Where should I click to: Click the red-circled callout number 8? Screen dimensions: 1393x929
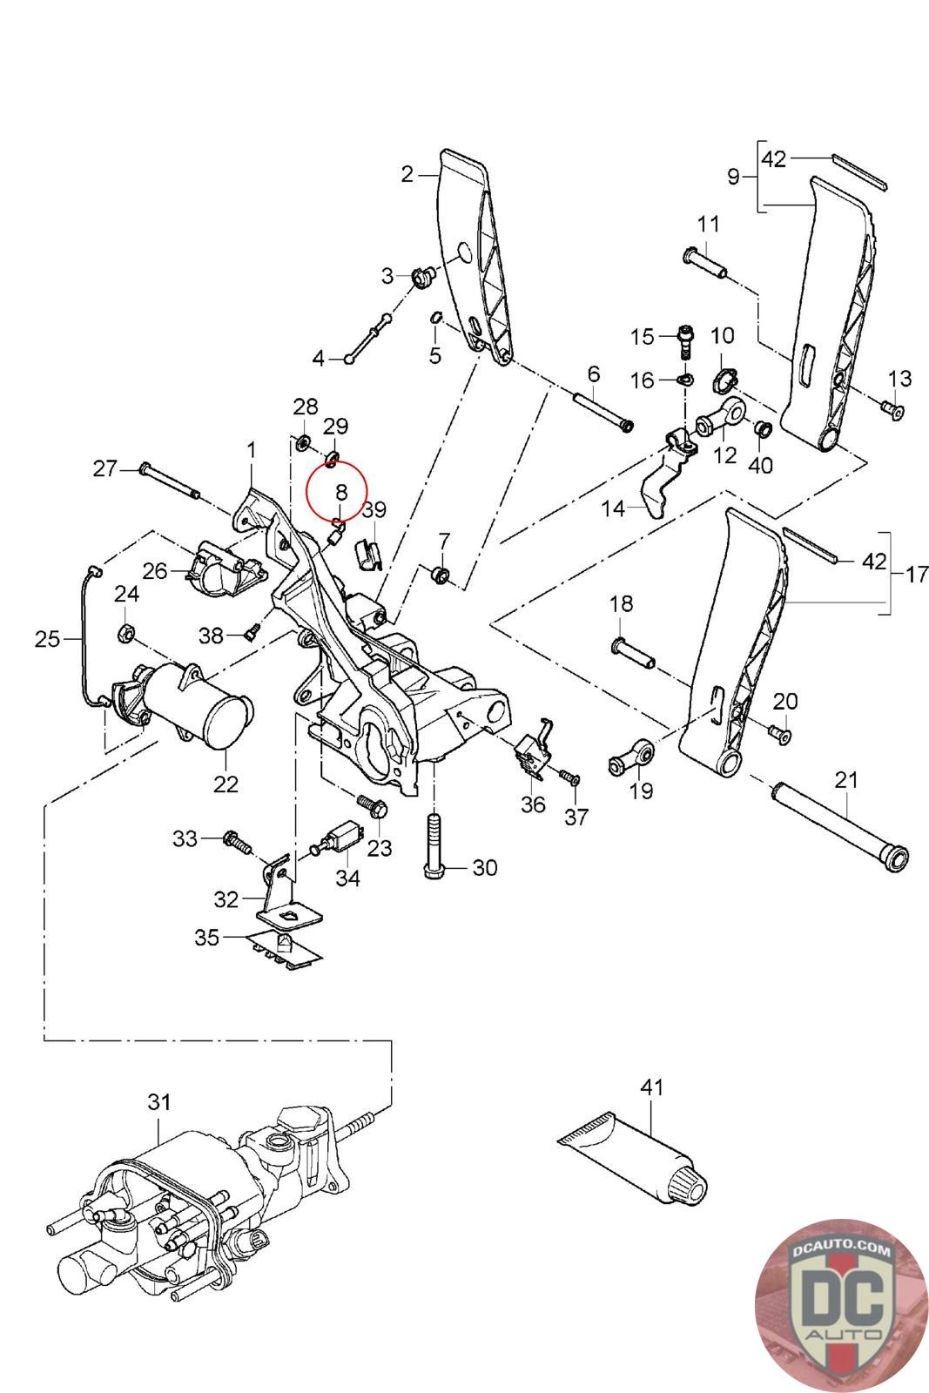pyautogui.click(x=341, y=492)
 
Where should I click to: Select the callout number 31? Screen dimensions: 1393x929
pyautogui.click(x=158, y=1102)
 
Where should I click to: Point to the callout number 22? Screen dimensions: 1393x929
pyautogui.click(x=226, y=784)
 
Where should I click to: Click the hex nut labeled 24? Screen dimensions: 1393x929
pyautogui.click(x=125, y=632)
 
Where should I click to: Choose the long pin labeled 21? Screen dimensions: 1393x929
pyautogui.click(x=841, y=824)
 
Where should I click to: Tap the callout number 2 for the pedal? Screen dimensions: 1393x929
pyautogui.click(x=407, y=174)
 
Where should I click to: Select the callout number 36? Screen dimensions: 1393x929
pyautogui.click(x=533, y=804)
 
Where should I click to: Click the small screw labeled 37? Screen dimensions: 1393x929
pyautogui.click(x=571, y=776)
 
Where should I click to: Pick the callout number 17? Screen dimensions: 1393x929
pyautogui.click(x=916, y=575)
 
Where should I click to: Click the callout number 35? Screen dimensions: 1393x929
pyautogui.click(x=207, y=937)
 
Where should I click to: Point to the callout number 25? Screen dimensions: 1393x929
pyautogui.click(x=47, y=639)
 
